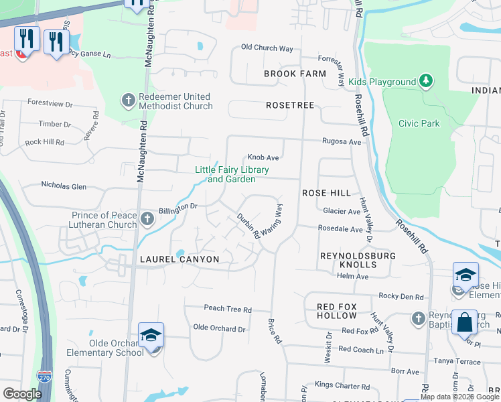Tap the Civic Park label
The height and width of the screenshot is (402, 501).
(x=437, y=123)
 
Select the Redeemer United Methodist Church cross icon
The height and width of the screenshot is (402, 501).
(x=127, y=101)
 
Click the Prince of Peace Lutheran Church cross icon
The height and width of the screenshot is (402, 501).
(x=147, y=219)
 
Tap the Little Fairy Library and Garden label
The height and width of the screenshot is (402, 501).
(x=232, y=174)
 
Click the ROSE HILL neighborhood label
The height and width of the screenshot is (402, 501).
(x=326, y=193)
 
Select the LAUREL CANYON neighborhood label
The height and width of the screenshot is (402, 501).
(x=179, y=259)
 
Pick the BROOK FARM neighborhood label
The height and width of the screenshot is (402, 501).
(x=295, y=74)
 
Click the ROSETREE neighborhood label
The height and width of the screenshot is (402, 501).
(x=290, y=106)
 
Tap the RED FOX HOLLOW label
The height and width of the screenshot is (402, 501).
(x=346, y=311)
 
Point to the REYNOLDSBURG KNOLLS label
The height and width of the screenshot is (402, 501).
(x=358, y=261)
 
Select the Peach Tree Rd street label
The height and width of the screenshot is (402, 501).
(x=228, y=310)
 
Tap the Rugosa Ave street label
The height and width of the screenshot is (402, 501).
(x=342, y=142)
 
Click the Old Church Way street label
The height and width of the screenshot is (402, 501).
(x=267, y=48)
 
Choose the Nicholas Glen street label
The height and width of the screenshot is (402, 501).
(x=64, y=186)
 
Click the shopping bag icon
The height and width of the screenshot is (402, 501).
(x=464, y=322)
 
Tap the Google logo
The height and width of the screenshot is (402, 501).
(x=23, y=394)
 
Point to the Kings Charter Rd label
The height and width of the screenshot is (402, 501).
(x=342, y=385)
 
